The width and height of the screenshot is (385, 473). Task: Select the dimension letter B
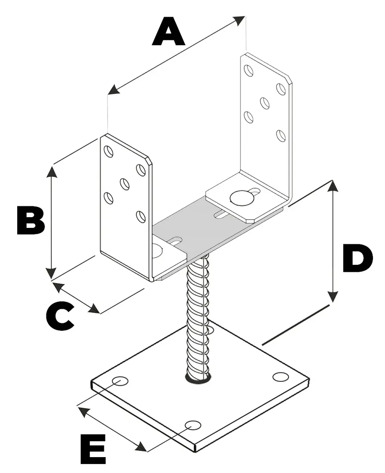(30, 221)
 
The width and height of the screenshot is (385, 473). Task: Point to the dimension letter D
(357, 259)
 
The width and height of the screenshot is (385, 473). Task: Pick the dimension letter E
(93, 448)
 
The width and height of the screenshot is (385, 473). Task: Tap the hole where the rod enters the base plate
(198, 378)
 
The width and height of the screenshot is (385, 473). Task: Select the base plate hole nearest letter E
(193, 425)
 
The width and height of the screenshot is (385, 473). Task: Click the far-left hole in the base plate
(120, 381)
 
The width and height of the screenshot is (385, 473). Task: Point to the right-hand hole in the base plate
(280, 377)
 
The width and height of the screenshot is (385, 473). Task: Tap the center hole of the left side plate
(125, 184)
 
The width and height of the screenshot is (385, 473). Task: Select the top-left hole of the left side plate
(109, 152)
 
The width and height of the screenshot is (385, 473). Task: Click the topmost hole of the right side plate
(248, 70)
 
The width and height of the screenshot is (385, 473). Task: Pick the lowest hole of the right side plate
(281, 135)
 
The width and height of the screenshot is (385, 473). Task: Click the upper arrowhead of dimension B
(51, 171)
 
